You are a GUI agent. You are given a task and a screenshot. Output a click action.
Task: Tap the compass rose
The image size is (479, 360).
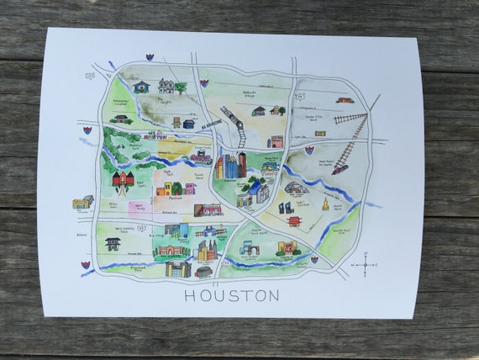367,268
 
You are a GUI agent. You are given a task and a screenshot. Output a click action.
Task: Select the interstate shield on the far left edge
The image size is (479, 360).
87,132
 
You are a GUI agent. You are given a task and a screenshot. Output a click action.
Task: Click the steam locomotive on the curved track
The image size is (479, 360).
238,133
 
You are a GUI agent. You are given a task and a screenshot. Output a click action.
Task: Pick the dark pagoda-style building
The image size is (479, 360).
112,243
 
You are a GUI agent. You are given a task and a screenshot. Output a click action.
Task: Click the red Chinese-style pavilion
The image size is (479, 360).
293,221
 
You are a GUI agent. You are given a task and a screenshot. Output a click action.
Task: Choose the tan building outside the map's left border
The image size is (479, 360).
82,202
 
